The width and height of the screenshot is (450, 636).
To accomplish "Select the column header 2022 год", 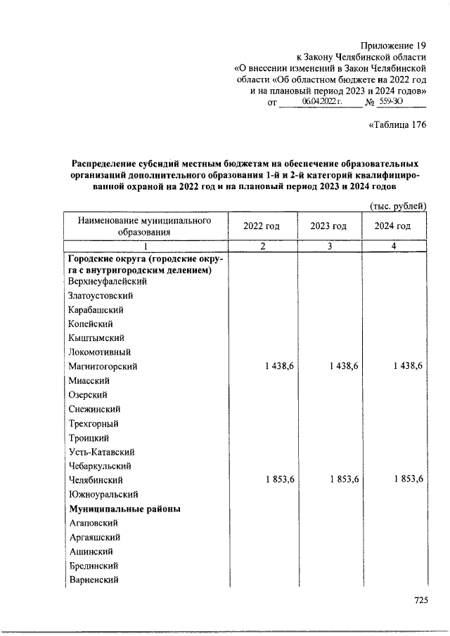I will pos(262,226).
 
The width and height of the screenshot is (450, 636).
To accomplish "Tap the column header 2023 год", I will pos(328,226).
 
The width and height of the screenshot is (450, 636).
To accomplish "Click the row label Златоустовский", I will pos(101,296).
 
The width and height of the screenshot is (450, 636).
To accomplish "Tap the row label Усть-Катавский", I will pos(101,452).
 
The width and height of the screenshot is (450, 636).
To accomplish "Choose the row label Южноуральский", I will pos(103,494).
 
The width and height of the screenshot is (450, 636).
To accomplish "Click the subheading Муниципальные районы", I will pos(124,508).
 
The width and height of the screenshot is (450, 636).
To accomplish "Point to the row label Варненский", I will pos(93,580).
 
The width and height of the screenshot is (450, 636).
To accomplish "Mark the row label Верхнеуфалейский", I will pos(107,281).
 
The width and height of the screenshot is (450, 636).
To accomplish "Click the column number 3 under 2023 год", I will pos(328,245).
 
